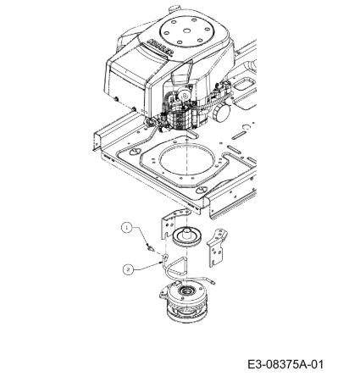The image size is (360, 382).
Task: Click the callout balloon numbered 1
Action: coord(127,228)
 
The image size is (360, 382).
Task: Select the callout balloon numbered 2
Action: coord(128,269)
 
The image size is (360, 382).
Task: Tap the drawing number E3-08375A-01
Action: coord(285,364)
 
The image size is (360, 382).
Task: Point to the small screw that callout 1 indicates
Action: coord(151,248)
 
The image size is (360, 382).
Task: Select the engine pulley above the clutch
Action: coord(186,237)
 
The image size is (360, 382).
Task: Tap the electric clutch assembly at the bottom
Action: coord(186,302)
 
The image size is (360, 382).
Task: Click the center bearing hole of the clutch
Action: coord(186,290)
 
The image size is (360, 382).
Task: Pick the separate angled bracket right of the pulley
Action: coord(218,247)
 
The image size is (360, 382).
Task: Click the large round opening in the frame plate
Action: coord(186,159)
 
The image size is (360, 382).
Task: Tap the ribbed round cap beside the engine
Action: coord(221,112)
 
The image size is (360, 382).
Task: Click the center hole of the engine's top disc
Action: coord(187,30)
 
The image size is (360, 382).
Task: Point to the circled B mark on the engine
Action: coord(185,95)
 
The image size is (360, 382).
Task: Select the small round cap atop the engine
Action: coord(174,9)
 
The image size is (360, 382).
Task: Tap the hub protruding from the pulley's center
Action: coord(186,231)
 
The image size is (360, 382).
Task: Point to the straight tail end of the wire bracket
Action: coord(209,281)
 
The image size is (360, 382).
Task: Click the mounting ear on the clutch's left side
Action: coord(164,292)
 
